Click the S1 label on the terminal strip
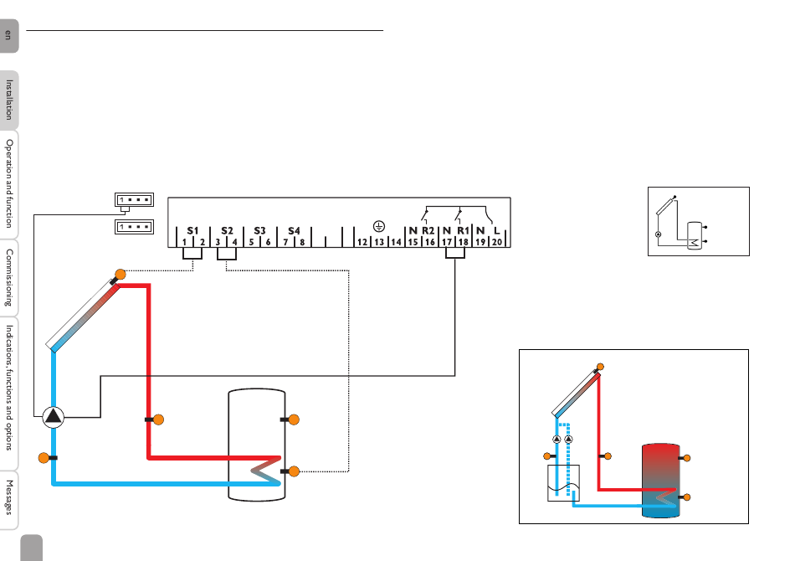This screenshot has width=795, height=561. coord(192,231)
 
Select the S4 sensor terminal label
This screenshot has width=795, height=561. coord(294,231)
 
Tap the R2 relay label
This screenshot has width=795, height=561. coord(428,231)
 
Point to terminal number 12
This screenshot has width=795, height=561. coord(362,243)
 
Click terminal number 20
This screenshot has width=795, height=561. coord(497,243)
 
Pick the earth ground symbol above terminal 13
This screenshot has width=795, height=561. coord(379,226)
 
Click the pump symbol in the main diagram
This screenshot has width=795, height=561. coord(54,417)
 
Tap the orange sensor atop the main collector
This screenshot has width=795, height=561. coord(121,275)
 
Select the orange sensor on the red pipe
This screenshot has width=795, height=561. coord(158,419)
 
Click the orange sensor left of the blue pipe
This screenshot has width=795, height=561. coord(44,458)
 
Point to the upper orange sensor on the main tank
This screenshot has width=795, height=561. coord(294,419)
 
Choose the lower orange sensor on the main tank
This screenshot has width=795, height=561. coord(294,471)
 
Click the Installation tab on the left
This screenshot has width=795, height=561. coord(9,100)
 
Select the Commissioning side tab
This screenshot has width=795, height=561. coord(9,277)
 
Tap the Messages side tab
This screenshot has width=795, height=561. coord(9,498)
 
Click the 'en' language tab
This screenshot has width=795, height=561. coord(8,35)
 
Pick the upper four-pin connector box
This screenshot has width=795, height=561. coord(135,200)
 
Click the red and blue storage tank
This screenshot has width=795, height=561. coord(660,481)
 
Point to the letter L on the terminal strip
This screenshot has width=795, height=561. coord(497,231)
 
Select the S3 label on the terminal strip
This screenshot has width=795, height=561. coord(259,231)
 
